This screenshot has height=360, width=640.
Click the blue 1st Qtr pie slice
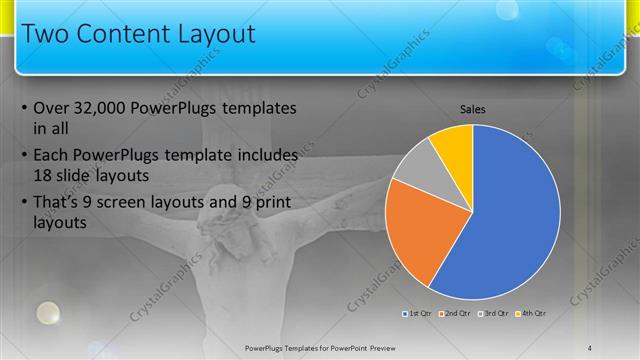pyautogui.click(x=500, y=220)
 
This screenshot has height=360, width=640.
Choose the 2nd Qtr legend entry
pyautogui.click(x=454, y=314)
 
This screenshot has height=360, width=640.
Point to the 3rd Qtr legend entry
pyautogui.click(x=492, y=314)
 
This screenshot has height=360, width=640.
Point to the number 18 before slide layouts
pyautogui.click(x=44, y=176)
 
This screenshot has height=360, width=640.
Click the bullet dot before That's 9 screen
pyautogui.click(x=24, y=204)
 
